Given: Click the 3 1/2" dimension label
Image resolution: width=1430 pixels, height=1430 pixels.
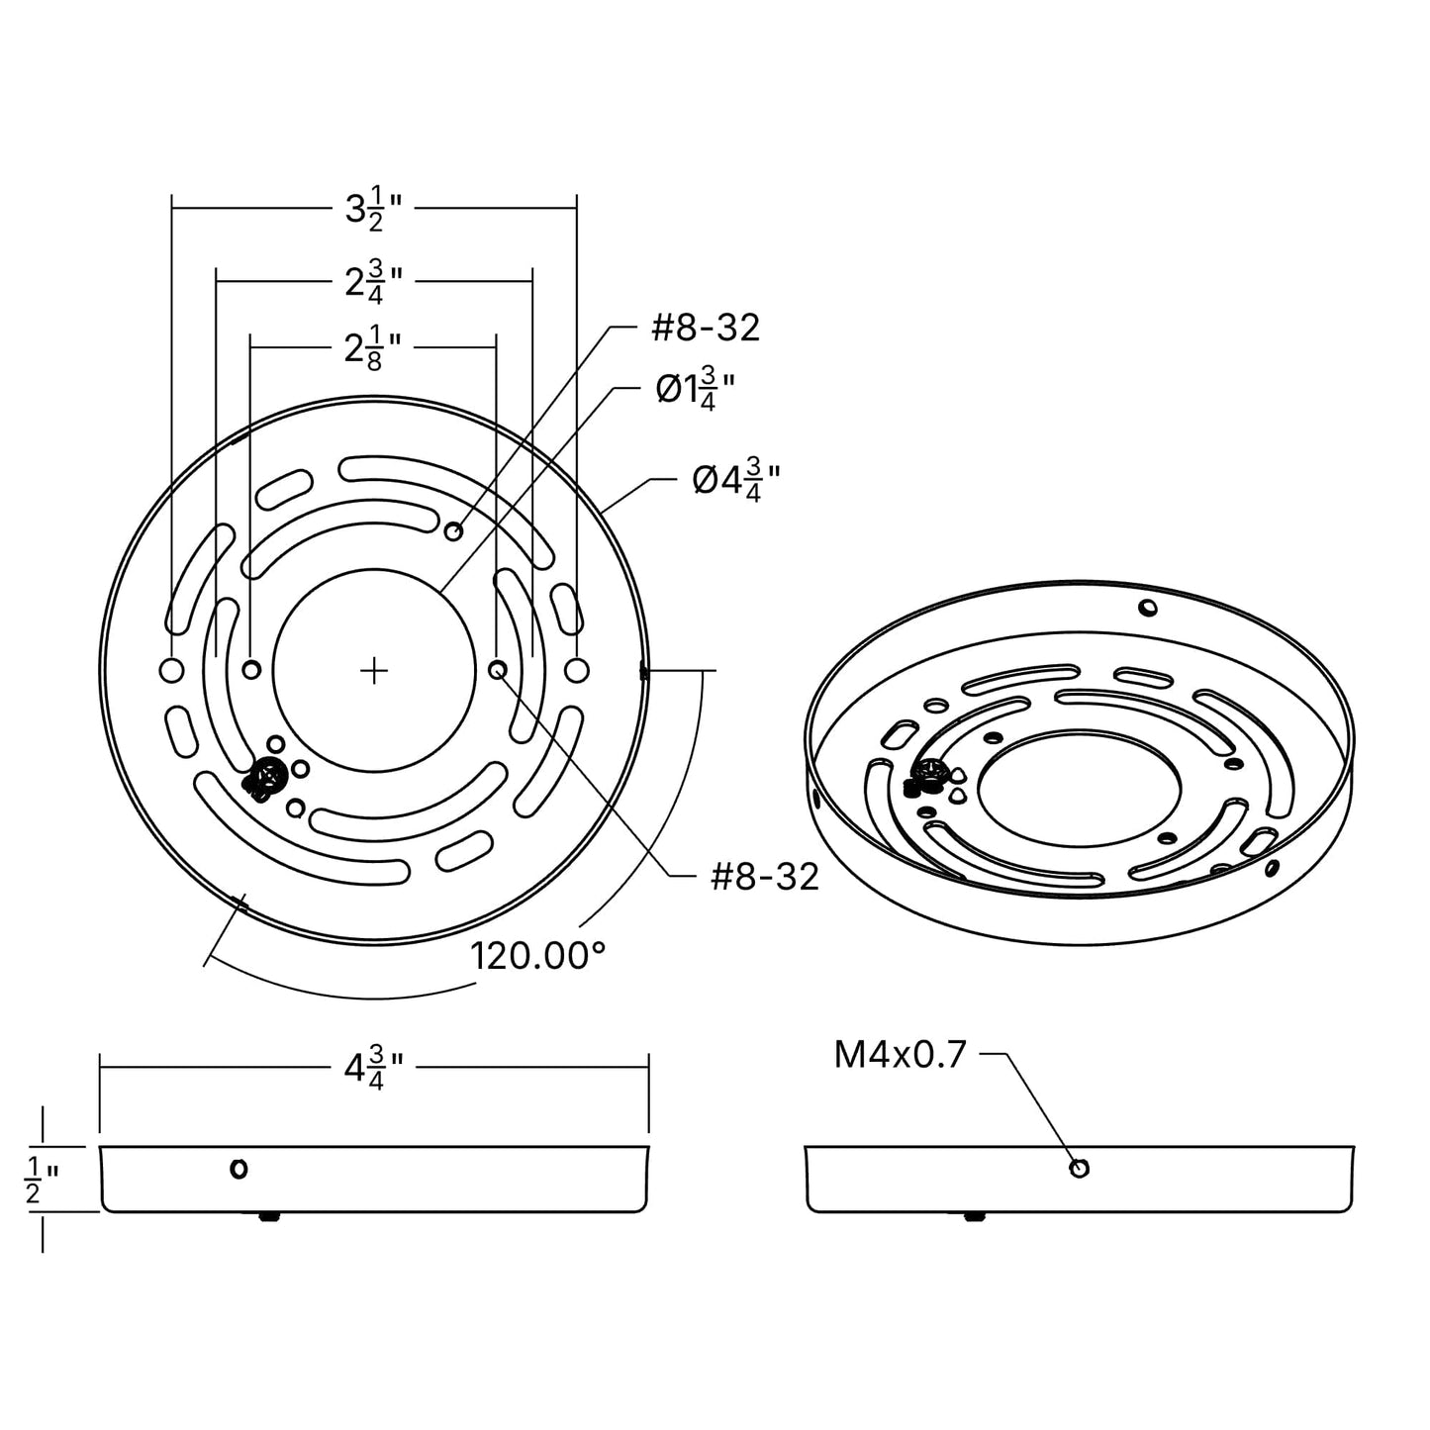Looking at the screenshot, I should tap(373, 210).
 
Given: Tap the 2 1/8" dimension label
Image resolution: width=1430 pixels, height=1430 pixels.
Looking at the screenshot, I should tap(373, 349).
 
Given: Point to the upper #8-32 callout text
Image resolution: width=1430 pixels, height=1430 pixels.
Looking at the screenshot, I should tap(705, 328).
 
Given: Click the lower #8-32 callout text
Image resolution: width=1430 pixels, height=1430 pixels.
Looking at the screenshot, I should tap(765, 877).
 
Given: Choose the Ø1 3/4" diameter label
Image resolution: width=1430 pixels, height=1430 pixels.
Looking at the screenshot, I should tap(696, 391).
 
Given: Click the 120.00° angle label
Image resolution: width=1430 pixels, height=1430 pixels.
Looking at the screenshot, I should tap(537, 956).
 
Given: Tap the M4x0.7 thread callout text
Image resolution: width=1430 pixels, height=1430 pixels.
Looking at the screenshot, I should tap(900, 1055).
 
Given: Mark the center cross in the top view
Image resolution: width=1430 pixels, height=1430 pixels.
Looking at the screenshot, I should tap(373, 671).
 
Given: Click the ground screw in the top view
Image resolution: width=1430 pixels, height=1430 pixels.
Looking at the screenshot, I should tap(265, 777).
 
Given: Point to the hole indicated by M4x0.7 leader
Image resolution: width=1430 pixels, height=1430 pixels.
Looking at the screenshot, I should tap(1080, 1169).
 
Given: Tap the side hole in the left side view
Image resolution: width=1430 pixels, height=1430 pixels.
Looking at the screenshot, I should tap(238, 1169).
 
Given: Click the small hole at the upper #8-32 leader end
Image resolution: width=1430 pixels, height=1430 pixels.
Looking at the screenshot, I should tap(453, 531).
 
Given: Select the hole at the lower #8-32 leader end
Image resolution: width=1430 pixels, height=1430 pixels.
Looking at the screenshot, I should tap(498, 670).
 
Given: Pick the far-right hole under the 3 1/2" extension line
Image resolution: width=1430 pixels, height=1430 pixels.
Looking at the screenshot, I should tap(576, 670).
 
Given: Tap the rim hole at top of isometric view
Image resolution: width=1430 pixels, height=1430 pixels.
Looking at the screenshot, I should tap(1147, 607).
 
